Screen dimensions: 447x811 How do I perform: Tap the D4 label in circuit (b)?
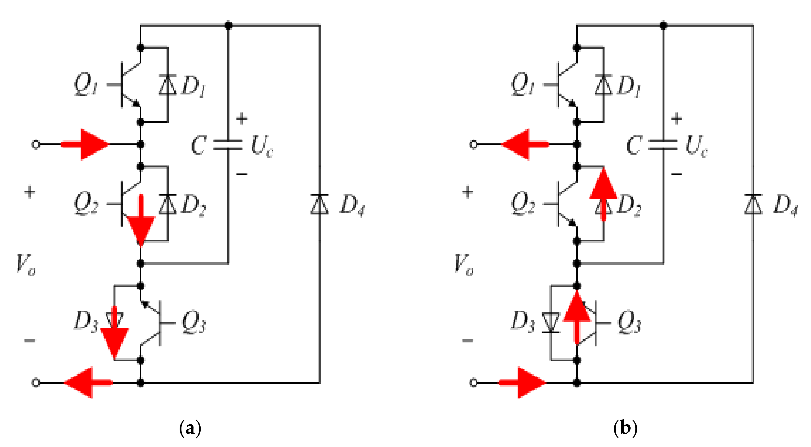(785, 205)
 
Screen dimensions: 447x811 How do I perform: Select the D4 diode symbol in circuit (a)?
(320, 205)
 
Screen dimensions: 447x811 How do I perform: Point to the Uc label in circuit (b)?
(696, 146)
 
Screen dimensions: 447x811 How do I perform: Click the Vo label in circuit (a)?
(26, 264)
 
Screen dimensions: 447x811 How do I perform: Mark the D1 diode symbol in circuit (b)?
(603, 85)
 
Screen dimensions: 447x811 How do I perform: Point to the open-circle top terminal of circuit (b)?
(473, 144)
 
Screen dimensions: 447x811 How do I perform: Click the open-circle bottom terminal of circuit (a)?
(36, 383)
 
